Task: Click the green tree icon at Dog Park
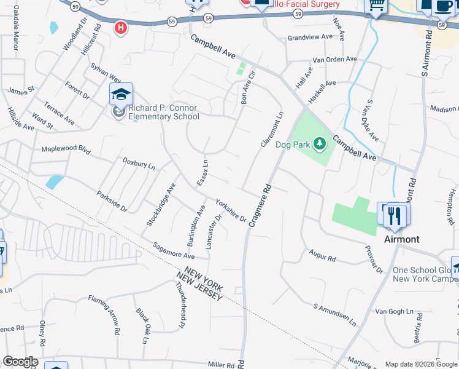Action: point(319,145)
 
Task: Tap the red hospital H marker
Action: point(121,27)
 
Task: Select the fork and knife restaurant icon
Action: point(395,215)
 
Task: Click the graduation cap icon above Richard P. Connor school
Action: point(121,94)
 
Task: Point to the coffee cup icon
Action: point(443,6)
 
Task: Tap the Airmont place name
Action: point(401,239)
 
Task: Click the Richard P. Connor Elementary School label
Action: point(163,112)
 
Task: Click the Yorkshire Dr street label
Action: point(231,210)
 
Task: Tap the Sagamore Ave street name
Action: point(174,251)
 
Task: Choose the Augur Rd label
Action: point(322,255)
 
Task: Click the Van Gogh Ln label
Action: point(391,311)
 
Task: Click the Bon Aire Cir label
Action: point(248,88)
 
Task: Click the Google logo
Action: point(20,362)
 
